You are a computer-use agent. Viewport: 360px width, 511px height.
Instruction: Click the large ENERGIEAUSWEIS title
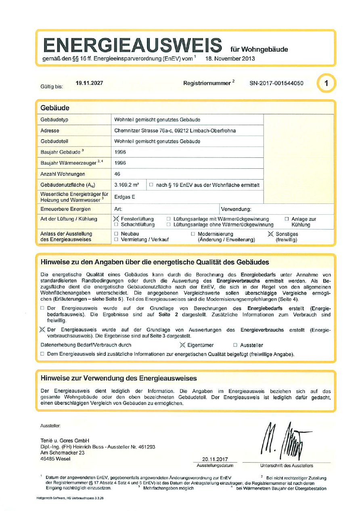click(x=133, y=45)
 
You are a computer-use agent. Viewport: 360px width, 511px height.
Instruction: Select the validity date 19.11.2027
click(x=89, y=83)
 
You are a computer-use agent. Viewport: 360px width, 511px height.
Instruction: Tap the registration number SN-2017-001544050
click(x=276, y=84)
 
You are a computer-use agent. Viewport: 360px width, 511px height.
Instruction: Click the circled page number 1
click(x=326, y=84)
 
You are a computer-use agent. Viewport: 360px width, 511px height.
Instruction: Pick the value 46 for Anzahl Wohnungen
click(x=118, y=174)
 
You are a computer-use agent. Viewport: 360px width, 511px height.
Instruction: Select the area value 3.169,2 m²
click(x=127, y=185)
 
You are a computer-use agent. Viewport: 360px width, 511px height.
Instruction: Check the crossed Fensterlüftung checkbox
click(x=116, y=219)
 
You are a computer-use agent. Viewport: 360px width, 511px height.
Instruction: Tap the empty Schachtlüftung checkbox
click(x=116, y=224)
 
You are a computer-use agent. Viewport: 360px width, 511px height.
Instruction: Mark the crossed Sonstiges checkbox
click(x=270, y=234)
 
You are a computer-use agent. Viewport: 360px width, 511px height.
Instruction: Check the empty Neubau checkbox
click(x=116, y=234)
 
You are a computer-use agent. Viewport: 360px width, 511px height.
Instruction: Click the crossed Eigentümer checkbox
click(x=182, y=345)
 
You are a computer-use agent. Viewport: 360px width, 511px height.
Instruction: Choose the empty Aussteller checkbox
click(x=235, y=345)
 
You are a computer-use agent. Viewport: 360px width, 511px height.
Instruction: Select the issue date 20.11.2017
click(x=216, y=459)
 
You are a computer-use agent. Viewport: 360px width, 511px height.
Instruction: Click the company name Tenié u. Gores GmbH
click(x=65, y=440)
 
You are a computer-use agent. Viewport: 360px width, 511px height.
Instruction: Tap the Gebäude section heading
click(x=55, y=108)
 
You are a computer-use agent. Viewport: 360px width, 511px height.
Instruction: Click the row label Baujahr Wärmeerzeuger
click(x=69, y=163)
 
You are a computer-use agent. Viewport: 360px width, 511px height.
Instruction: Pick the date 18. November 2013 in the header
click(x=230, y=59)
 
